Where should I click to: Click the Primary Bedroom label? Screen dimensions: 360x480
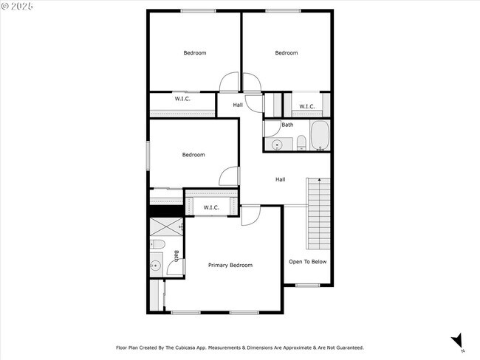pyautogui.click(x=230, y=265)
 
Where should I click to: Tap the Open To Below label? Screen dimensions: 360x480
pyautogui.click(x=307, y=262)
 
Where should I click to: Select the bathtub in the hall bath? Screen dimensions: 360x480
pyautogui.click(x=319, y=136)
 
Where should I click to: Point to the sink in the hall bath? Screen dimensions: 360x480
pyautogui.click(x=278, y=145)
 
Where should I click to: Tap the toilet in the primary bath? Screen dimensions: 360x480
pyautogui.click(x=157, y=245)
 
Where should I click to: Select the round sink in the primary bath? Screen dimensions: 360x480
pyautogui.click(x=157, y=266)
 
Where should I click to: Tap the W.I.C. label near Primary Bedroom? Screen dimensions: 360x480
pyautogui.click(x=211, y=207)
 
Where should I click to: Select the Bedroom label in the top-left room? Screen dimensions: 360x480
pyautogui.click(x=194, y=52)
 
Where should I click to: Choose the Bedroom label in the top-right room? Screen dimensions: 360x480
pyautogui.click(x=287, y=52)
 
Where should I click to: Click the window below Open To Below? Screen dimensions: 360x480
pyautogui.click(x=306, y=285)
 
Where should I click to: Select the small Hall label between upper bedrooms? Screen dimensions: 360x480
pyautogui.click(x=238, y=105)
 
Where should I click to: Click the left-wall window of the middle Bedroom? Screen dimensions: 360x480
pyautogui.click(x=148, y=154)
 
